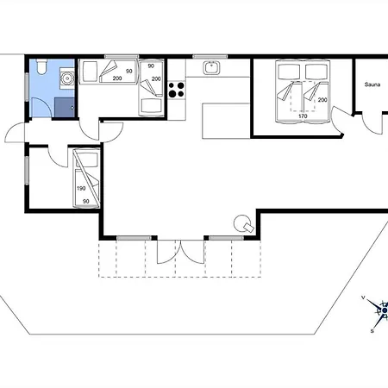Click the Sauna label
(372, 84)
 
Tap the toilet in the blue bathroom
(41, 66)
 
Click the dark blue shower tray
(65, 108)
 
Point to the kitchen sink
(212, 68)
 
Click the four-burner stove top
(177, 90)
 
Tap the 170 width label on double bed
(303, 116)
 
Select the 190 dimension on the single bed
(81, 189)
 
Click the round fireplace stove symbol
(241, 222)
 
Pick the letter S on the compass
(372, 331)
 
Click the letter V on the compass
(363, 297)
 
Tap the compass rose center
(385, 310)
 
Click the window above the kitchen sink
(210, 56)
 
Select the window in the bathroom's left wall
(27, 87)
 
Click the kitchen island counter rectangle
(226, 121)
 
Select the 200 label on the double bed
(322, 100)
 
